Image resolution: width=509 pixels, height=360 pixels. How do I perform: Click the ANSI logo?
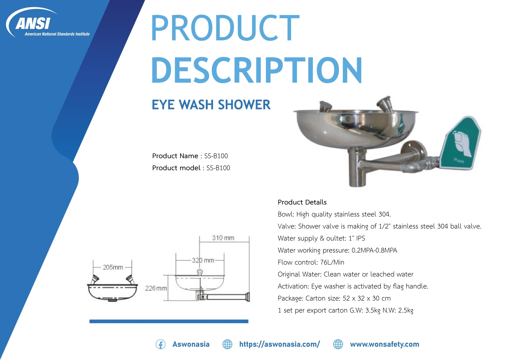[x=48, y=23]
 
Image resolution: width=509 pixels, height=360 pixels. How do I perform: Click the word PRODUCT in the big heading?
[x=225, y=28]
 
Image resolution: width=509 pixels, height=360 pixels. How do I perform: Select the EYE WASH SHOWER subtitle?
[x=211, y=105]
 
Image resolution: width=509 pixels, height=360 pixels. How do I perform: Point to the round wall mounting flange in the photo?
[x=413, y=149]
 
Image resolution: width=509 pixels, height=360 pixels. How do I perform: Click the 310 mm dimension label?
[x=223, y=238]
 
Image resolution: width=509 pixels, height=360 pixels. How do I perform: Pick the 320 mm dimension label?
[x=203, y=260]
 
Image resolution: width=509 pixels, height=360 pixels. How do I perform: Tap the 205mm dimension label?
[x=113, y=267]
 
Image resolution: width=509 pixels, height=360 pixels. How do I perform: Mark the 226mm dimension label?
[x=156, y=288]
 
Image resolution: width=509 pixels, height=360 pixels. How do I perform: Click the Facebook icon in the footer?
[x=160, y=344]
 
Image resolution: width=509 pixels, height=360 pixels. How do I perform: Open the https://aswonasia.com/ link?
[x=280, y=344]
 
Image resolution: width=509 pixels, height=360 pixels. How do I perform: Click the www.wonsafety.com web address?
[x=384, y=344]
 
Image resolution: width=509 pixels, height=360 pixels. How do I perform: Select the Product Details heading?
[x=302, y=202]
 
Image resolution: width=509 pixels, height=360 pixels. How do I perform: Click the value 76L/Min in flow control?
[x=332, y=262]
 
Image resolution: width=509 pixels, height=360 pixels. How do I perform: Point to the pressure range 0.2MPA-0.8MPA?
[x=374, y=250]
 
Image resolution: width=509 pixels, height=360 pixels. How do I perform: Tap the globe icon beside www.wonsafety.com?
[x=338, y=344]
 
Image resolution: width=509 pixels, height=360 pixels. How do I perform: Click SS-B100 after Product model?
[x=218, y=168]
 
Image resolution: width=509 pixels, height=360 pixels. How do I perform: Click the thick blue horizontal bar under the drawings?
[x=169, y=321]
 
